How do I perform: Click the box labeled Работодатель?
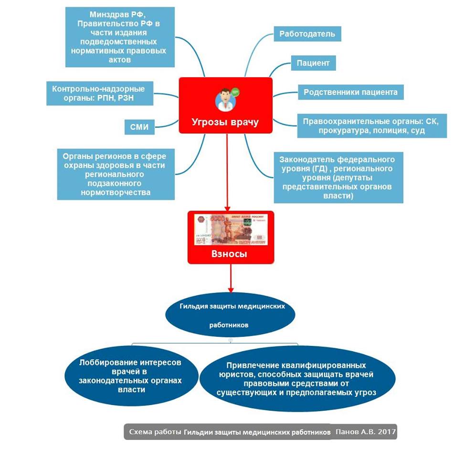tap(307, 34)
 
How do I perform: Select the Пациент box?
tap(313, 62)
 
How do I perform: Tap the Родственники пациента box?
tap(350, 92)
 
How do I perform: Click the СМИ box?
tap(139, 127)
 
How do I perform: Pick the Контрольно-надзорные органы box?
tap(99, 94)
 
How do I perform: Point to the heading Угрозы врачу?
tap(225, 122)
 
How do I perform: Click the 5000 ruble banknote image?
tap(231, 229)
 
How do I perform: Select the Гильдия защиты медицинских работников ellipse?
tap(231, 315)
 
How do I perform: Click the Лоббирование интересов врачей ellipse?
tap(131, 376)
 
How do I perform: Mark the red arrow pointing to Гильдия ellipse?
tap(231, 279)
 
